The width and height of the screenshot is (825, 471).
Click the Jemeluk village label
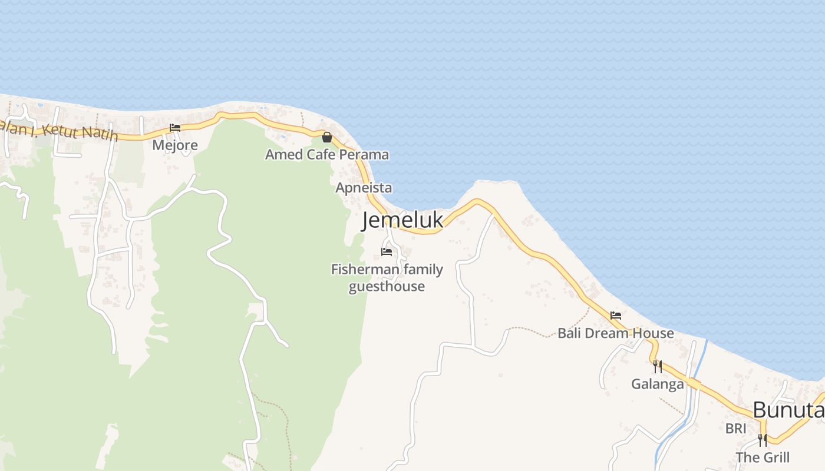402,220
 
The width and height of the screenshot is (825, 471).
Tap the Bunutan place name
788,410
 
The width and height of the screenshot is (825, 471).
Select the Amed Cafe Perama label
326,155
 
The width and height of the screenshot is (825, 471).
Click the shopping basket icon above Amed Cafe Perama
327,137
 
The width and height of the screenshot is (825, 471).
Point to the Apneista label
364,188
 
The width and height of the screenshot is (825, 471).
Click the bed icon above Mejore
175,128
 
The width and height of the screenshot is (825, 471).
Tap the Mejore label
175,145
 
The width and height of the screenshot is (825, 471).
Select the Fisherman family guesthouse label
387,278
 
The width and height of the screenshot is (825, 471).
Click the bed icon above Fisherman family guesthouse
387,252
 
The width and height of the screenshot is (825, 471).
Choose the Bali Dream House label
615,333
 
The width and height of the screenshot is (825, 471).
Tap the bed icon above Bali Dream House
616,316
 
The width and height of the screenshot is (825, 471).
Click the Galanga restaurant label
658,384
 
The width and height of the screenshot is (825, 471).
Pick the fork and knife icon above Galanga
658,367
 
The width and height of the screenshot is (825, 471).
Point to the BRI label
736,429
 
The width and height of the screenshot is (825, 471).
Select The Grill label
762,457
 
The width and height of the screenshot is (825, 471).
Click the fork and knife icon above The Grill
762,440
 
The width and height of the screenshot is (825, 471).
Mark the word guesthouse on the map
387,287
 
